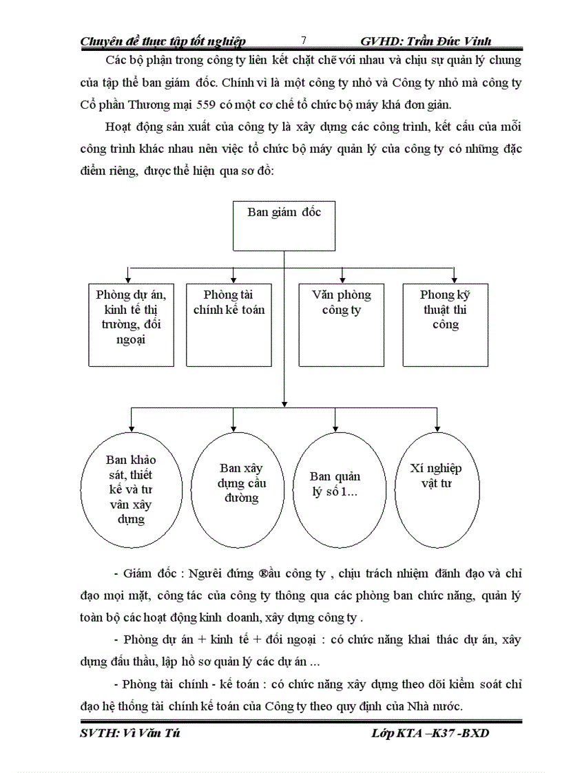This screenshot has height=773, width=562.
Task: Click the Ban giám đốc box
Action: (284, 226)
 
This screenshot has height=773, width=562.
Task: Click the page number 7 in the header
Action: (304, 41)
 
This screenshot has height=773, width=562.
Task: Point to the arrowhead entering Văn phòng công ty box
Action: (341, 279)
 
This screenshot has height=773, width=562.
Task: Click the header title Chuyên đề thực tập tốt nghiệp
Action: (163, 41)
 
